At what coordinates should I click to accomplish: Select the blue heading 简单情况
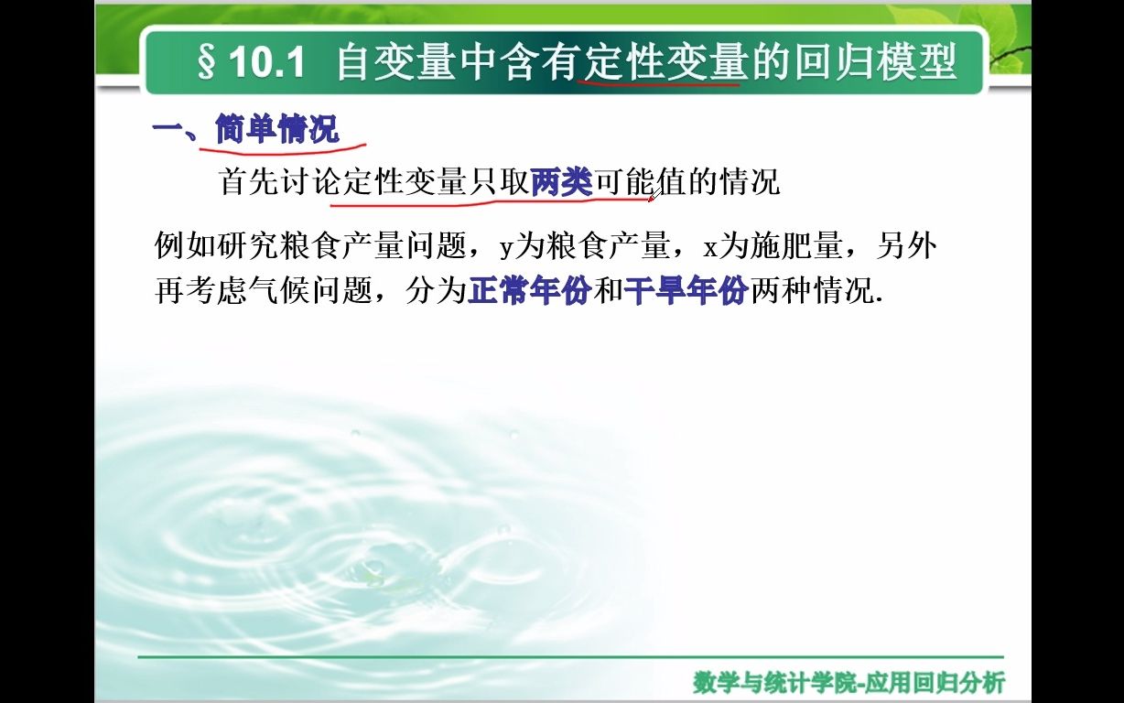(x=277, y=130)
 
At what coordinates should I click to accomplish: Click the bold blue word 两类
(x=562, y=182)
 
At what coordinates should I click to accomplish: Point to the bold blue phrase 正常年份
(x=528, y=291)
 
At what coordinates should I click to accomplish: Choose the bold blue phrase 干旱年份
(x=686, y=291)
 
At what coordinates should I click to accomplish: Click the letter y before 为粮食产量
(x=506, y=247)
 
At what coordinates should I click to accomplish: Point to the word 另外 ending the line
(x=907, y=246)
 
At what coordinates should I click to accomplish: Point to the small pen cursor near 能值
(x=654, y=192)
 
